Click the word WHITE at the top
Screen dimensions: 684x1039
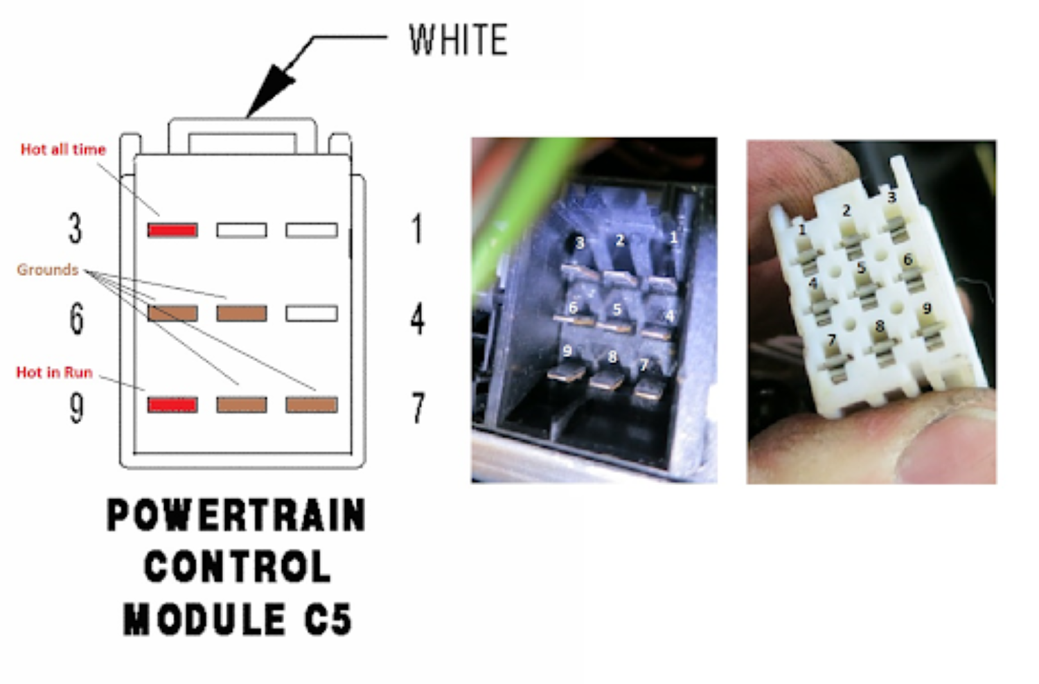(x=458, y=40)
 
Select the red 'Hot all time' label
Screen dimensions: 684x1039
(x=63, y=149)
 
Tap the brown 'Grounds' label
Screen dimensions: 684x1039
(x=47, y=270)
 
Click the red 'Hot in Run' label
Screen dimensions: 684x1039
(x=54, y=372)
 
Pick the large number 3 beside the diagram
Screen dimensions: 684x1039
(x=75, y=228)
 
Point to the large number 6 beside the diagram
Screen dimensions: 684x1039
(x=76, y=318)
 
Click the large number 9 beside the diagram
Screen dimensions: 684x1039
(x=76, y=407)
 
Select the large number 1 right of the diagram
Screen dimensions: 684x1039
(x=416, y=229)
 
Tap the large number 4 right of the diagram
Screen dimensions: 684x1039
(x=417, y=319)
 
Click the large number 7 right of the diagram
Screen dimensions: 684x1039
(x=418, y=407)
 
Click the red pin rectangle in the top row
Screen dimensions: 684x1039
(x=172, y=230)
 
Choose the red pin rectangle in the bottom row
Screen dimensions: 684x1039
(x=172, y=405)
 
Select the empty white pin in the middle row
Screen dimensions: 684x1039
(x=312, y=314)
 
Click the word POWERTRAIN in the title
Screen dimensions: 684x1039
(x=236, y=516)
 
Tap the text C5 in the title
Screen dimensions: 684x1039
(x=328, y=619)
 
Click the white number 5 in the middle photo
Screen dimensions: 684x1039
(x=616, y=309)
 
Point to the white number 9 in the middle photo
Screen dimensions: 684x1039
(x=567, y=351)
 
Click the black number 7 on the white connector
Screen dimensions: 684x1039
(x=832, y=339)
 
